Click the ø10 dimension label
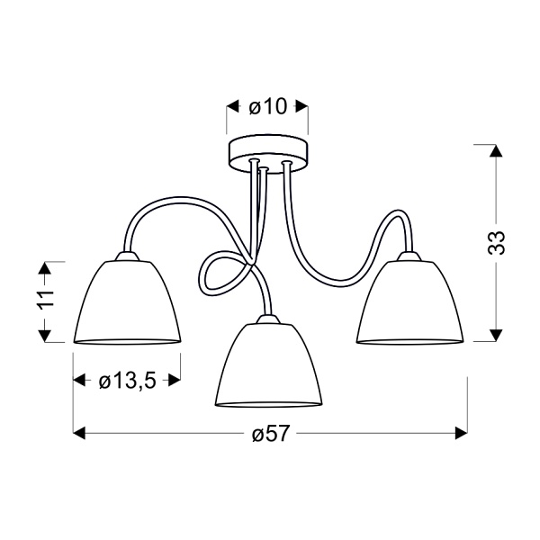point(266,107)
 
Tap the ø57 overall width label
point(269,434)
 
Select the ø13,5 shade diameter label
point(127,382)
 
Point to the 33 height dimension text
point(496,244)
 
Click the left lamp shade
point(127,302)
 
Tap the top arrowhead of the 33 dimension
point(494,152)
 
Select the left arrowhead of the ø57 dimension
point(80,434)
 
